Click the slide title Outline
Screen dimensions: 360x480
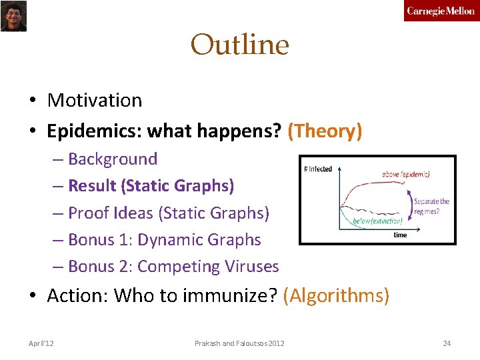point(239,45)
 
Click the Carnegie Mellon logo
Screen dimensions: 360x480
point(441,11)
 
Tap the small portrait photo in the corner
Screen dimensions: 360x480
point(13,16)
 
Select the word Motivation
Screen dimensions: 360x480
point(95,100)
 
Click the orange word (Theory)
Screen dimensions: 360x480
point(325,131)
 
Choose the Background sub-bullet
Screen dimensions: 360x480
point(113,159)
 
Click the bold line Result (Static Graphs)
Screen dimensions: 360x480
point(151,186)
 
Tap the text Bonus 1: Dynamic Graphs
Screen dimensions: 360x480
point(164,240)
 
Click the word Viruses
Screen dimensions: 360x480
point(253,267)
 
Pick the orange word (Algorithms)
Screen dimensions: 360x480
point(336,295)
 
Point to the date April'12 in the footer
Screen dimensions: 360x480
point(41,343)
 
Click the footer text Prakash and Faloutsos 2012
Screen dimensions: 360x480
point(239,343)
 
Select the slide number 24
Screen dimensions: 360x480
point(447,343)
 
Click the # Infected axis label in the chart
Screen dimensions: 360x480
point(318,169)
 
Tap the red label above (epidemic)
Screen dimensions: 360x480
point(406,175)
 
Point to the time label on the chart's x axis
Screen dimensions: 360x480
point(400,235)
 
